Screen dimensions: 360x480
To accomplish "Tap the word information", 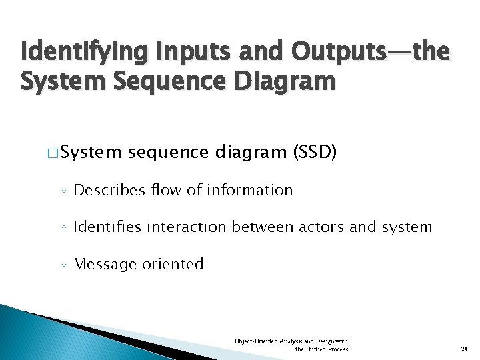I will click(x=250, y=191).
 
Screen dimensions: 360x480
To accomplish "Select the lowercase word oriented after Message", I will click(x=173, y=264).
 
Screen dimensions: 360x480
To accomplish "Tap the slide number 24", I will click(x=464, y=349).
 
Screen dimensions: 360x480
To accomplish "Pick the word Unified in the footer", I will click(x=317, y=349).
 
